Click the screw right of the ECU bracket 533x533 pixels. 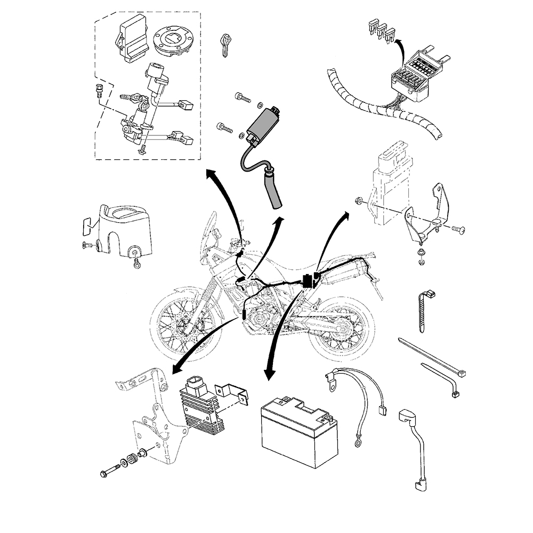pyautogui.click(x=459, y=229)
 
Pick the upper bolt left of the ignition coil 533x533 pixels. pyautogui.click(x=242, y=98)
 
